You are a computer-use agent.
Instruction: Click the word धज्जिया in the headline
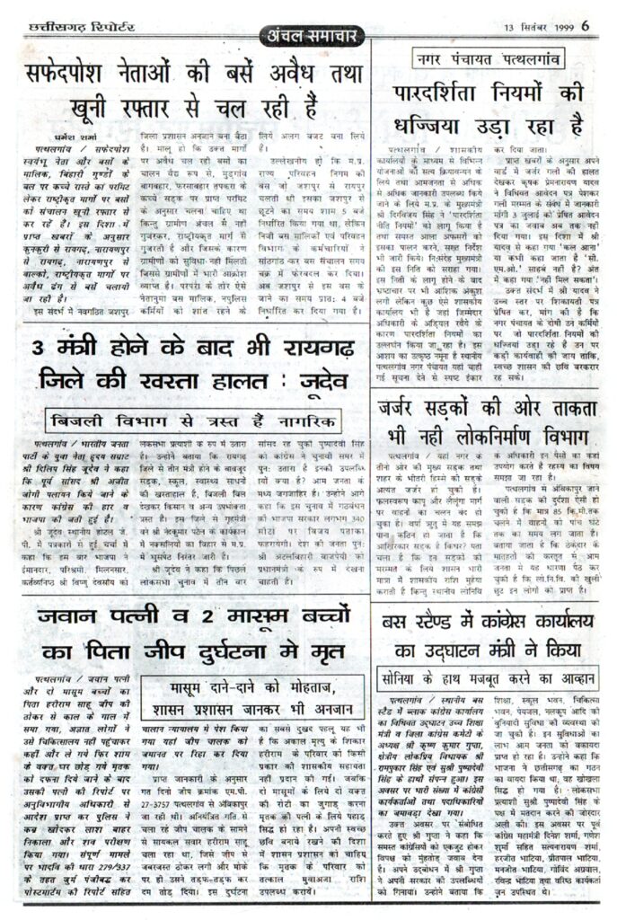click(x=429, y=124)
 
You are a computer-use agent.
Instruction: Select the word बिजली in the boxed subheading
click(x=82, y=420)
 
